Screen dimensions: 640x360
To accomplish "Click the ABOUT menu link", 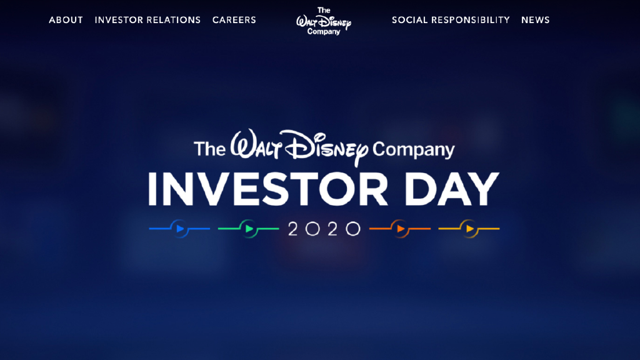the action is pos(66,20).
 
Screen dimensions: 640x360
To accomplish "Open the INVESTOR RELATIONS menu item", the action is pos(147,20).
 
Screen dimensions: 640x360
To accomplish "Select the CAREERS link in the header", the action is pos(234,20).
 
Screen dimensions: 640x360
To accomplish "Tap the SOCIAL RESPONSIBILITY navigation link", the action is pos(451,20).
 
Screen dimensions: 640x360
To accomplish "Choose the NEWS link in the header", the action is pos(536,20).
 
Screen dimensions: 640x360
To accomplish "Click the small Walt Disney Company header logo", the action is pos(324,21).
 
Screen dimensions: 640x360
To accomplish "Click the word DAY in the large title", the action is pos(452,189).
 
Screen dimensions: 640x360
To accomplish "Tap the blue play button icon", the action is pos(179,229).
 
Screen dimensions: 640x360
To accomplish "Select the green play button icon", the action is pos(249,229).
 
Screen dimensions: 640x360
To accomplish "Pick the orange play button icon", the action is pos(400,229).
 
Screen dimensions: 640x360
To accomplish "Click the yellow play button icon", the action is pos(469,229).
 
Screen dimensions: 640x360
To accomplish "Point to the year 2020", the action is pos(324,229).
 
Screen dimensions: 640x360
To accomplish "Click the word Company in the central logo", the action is pos(414,150).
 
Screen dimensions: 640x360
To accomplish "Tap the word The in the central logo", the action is pos(209,149).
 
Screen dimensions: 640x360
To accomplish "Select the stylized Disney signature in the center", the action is pos(326,147).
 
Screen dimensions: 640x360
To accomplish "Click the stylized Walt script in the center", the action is pos(256,144).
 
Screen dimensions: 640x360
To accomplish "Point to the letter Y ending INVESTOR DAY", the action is pos(484,189).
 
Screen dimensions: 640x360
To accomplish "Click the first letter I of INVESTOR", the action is pos(152,189).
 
